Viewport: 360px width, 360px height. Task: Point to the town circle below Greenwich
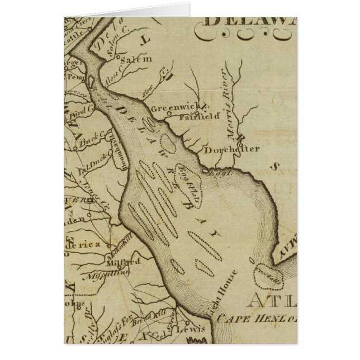pyautogui.click(x=178, y=116)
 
